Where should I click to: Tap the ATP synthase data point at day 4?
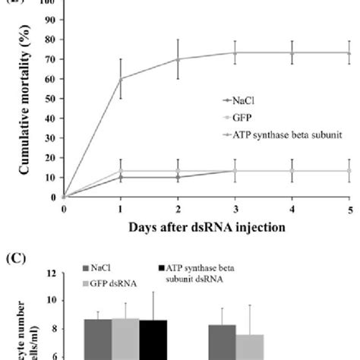tap(292, 52)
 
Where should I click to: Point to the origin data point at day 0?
tap(65, 197)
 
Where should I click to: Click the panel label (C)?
tap(17, 257)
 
